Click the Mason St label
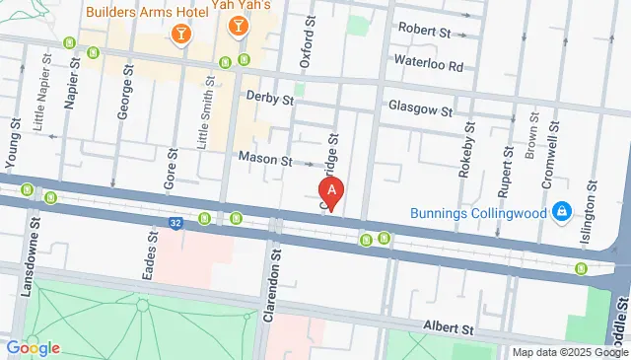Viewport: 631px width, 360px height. click(266, 159)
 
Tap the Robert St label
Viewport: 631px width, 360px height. click(423, 32)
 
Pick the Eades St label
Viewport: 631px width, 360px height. click(151, 256)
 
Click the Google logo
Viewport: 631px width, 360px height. click(33, 347)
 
